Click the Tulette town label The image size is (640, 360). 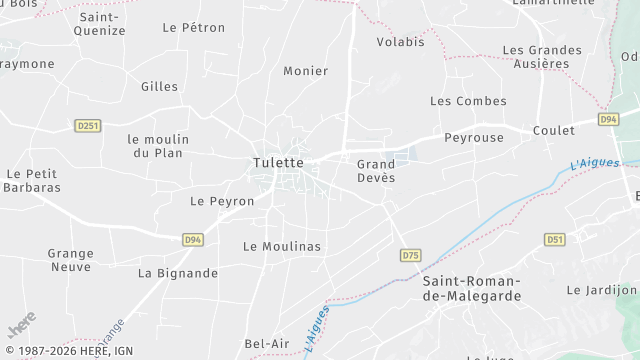[278, 162]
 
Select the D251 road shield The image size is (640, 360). [88, 125]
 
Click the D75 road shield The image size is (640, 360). [410, 256]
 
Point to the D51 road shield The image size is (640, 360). [555, 239]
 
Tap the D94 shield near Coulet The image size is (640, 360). [608, 119]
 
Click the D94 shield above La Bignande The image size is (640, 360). [193, 240]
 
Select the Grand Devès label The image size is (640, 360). [376, 170]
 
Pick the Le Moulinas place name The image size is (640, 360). [282, 245]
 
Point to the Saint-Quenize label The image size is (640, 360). [101, 24]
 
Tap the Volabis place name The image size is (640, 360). [400, 42]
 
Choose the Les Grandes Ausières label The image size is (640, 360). [541, 57]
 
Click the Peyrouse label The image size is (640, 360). [474, 137]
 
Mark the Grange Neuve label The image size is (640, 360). [70, 260]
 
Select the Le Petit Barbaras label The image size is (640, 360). [33, 180]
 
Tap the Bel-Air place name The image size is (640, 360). [267, 344]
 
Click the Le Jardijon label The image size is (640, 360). [601, 290]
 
